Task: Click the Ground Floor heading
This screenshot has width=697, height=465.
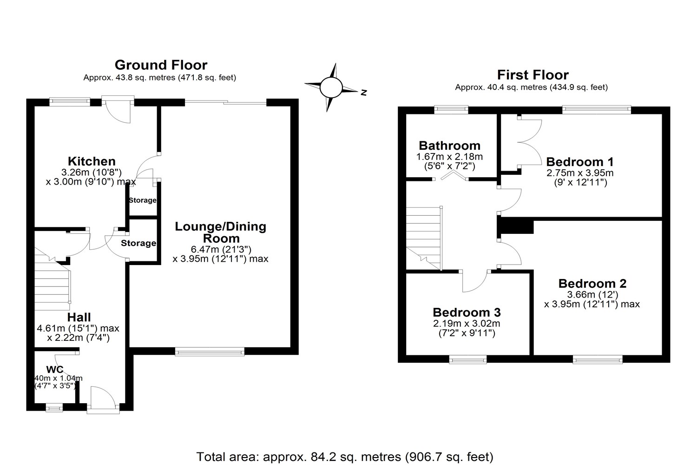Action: click(161, 65)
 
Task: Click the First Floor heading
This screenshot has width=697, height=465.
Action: click(533, 74)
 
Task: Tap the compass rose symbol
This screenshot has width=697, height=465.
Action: click(331, 87)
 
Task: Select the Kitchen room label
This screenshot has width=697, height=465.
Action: click(92, 161)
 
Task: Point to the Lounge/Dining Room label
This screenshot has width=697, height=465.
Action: click(220, 232)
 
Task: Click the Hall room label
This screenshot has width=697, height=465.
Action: click(79, 318)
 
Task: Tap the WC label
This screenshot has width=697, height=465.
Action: click(55, 370)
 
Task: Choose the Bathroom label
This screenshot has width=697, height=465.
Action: click(449, 146)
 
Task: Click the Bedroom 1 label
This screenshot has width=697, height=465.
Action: click(579, 162)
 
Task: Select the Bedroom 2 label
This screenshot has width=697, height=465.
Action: click(592, 283)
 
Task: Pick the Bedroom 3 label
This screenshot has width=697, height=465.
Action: click(467, 312)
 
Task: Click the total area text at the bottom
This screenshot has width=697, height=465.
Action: click(345, 457)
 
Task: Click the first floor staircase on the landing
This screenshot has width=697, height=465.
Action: click(424, 237)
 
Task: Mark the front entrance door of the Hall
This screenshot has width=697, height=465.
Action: click(103, 400)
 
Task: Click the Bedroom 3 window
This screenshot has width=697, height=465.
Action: click(468, 359)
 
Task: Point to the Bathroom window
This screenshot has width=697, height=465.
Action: click(451, 110)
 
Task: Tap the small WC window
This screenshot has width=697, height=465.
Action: click(54, 408)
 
